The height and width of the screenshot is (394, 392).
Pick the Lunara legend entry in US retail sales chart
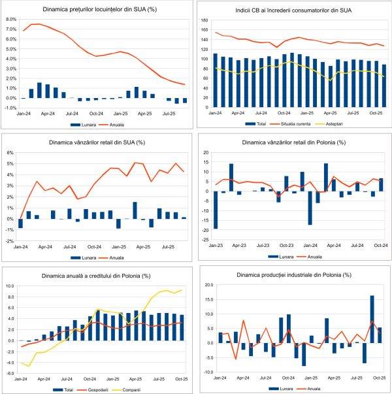coord(86,257)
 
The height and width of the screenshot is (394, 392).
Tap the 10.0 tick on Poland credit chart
coord(12,286)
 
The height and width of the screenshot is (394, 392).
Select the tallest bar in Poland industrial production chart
coord(372,319)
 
